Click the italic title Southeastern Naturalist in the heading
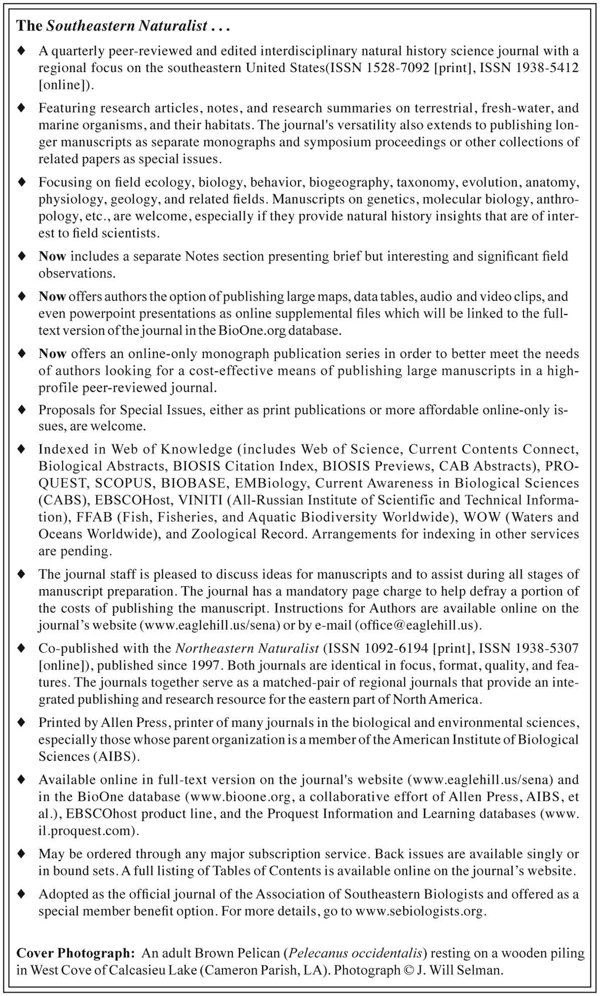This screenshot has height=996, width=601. (x=127, y=27)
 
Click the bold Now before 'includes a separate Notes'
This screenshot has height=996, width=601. (x=52, y=256)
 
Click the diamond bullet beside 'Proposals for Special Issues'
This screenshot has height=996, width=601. (x=21, y=410)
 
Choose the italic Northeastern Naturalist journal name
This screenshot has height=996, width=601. (x=247, y=648)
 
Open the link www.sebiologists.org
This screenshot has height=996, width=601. (x=420, y=911)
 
